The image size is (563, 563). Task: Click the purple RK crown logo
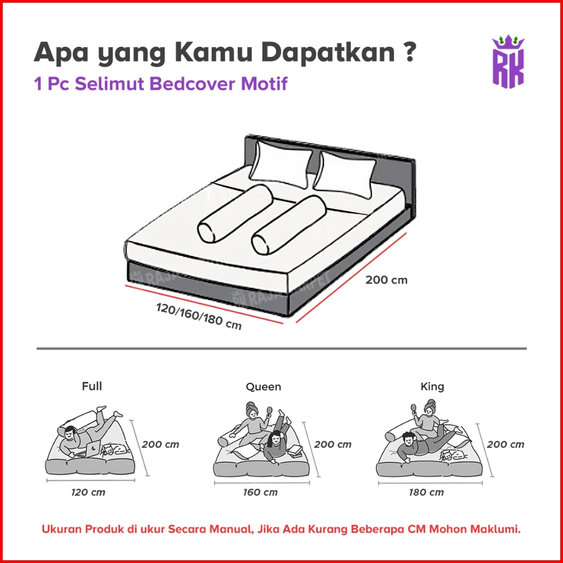(507, 62)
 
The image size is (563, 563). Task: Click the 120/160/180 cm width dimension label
(199, 317)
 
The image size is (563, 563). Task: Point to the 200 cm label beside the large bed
(387, 280)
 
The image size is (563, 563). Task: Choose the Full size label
(92, 386)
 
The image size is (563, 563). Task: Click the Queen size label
(264, 387)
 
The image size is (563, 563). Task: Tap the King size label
(432, 386)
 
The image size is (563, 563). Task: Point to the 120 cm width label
(88, 492)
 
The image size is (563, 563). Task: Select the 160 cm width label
(260, 492)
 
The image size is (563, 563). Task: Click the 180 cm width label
(426, 492)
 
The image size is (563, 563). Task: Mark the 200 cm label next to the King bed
(505, 444)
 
